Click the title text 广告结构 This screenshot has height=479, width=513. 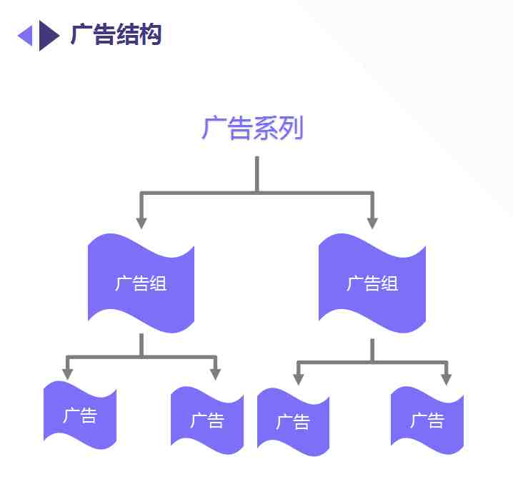click(116, 34)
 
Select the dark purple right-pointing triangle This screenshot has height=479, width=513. click(49, 35)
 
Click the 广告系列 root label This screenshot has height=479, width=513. click(253, 128)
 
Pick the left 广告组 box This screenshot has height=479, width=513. click(141, 283)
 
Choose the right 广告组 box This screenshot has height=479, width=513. click(372, 283)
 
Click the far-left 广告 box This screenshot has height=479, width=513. click(80, 415)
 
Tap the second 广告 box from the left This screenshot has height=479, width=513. click(207, 420)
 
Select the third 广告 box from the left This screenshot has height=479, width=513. click(293, 422)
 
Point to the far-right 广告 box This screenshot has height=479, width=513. click(427, 420)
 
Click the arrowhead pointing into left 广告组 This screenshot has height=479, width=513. click(141, 223)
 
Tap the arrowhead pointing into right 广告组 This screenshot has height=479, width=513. click(372, 223)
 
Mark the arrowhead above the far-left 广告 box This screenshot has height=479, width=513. click(67, 374)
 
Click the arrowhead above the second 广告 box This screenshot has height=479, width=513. click(215, 374)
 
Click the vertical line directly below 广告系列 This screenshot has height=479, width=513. click(257, 174)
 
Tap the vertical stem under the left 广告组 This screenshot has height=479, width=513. click(141, 345)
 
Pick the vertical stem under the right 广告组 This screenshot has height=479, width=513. click(372, 351)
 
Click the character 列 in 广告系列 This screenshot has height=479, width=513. click(292, 128)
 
